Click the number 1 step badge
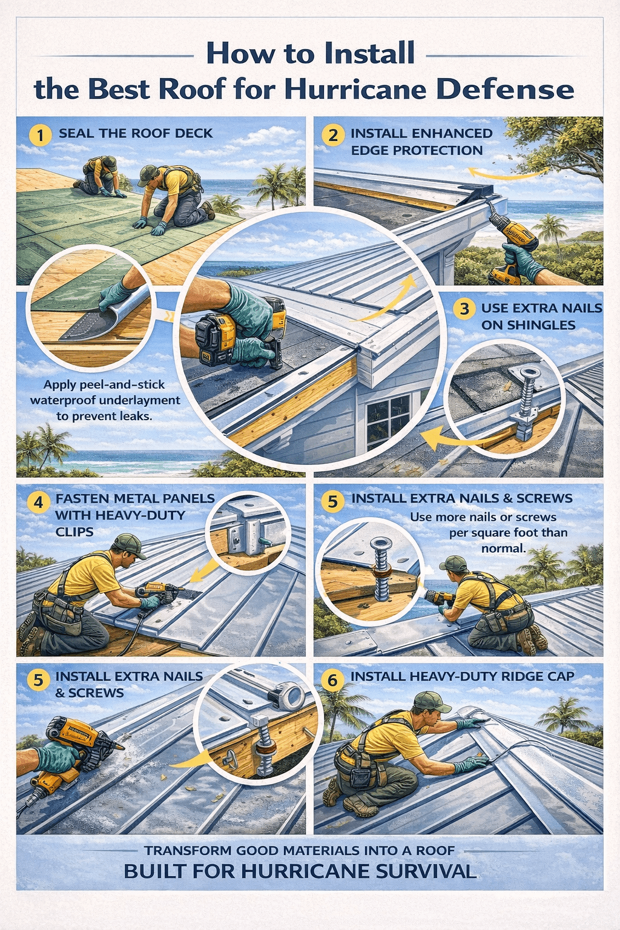click(40, 134)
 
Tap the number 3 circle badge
click(464, 309)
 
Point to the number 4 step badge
click(39, 502)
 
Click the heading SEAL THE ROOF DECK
click(136, 133)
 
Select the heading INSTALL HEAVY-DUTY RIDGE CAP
click(462, 676)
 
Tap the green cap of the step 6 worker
click(430, 702)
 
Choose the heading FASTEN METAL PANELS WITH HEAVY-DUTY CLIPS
click(134, 515)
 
